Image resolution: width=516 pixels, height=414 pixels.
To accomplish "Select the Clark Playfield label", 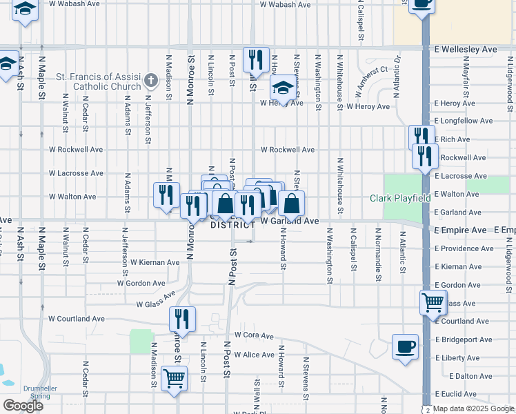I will tap(400, 198).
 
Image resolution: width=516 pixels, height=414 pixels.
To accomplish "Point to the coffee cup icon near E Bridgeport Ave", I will tap(405, 345).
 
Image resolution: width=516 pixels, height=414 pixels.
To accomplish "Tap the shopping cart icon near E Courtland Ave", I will tap(433, 301).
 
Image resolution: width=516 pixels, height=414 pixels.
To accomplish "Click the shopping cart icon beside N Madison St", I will tap(174, 377).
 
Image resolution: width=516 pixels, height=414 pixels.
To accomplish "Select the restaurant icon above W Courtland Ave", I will tap(183, 318).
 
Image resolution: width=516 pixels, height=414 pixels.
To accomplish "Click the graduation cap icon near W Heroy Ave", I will tap(282, 88).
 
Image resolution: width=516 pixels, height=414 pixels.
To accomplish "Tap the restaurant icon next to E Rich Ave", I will tap(421, 137).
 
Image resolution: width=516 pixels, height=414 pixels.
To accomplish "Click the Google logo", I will tap(23, 406).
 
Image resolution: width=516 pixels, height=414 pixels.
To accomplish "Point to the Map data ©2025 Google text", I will tap(473, 408).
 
